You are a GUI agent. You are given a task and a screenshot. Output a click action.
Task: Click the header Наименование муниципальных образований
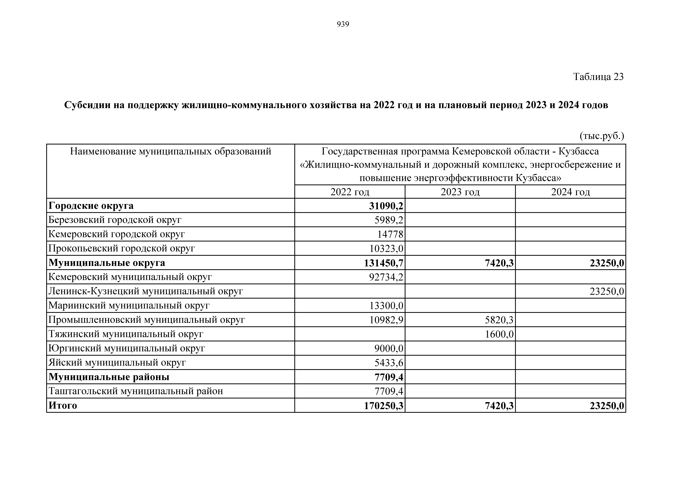click(171, 152)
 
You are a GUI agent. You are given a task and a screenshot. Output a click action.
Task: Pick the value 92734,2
click(386, 277)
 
